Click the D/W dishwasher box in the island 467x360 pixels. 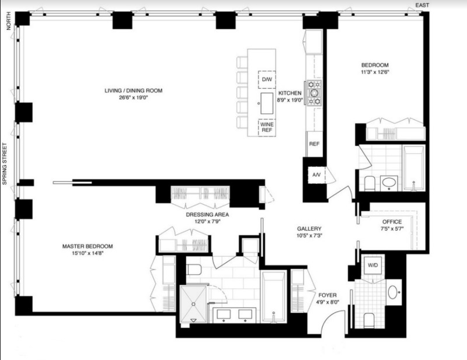tap(267, 79)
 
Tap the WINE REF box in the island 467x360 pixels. tap(267, 127)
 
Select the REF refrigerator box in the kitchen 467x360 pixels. tap(313, 144)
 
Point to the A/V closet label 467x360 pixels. tap(315, 175)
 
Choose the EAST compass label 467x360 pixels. tap(421, 5)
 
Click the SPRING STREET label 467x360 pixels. tap(5, 164)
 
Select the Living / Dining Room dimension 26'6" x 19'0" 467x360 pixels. tap(133, 97)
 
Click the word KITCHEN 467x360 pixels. tap(290, 93)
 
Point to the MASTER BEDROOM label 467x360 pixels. tap(87, 246)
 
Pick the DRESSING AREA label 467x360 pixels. tap(207, 215)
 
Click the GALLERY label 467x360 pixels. tap(309, 229)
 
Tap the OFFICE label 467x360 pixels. tap(392, 222)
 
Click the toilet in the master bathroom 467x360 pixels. tap(194, 268)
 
